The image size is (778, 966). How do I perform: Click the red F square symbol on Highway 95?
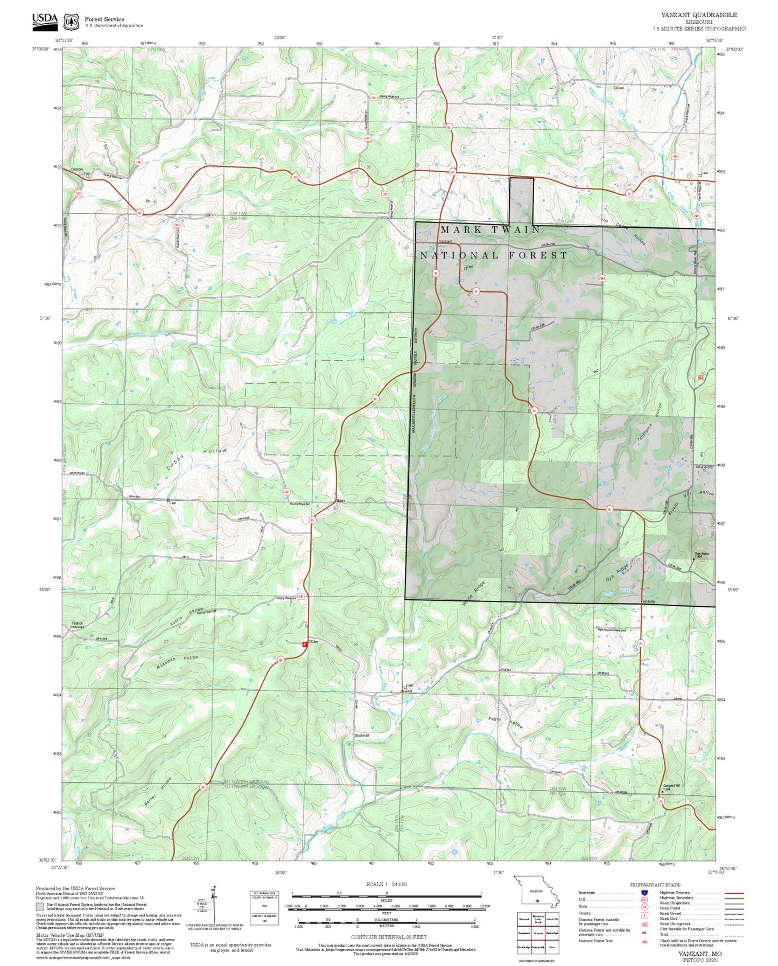[x=305, y=644]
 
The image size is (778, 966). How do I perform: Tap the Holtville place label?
[x=649, y=601]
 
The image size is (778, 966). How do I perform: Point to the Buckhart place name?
[x=362, y=735]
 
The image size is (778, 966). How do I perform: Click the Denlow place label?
[x=77, y=169]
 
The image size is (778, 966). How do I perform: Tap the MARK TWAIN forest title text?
[x=490, y=230]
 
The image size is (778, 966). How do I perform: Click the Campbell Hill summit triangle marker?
[x=662, y=792]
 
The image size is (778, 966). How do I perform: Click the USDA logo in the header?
[x=45, y=20]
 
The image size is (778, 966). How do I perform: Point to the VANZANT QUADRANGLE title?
[x=699, y=15]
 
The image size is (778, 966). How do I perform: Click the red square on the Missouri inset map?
[x=537, y=900]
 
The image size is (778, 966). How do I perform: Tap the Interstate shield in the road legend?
[x=644, y=892]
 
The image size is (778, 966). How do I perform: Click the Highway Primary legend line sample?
[x=734, y=893]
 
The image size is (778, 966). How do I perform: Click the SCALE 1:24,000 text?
[x=387, y=884]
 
